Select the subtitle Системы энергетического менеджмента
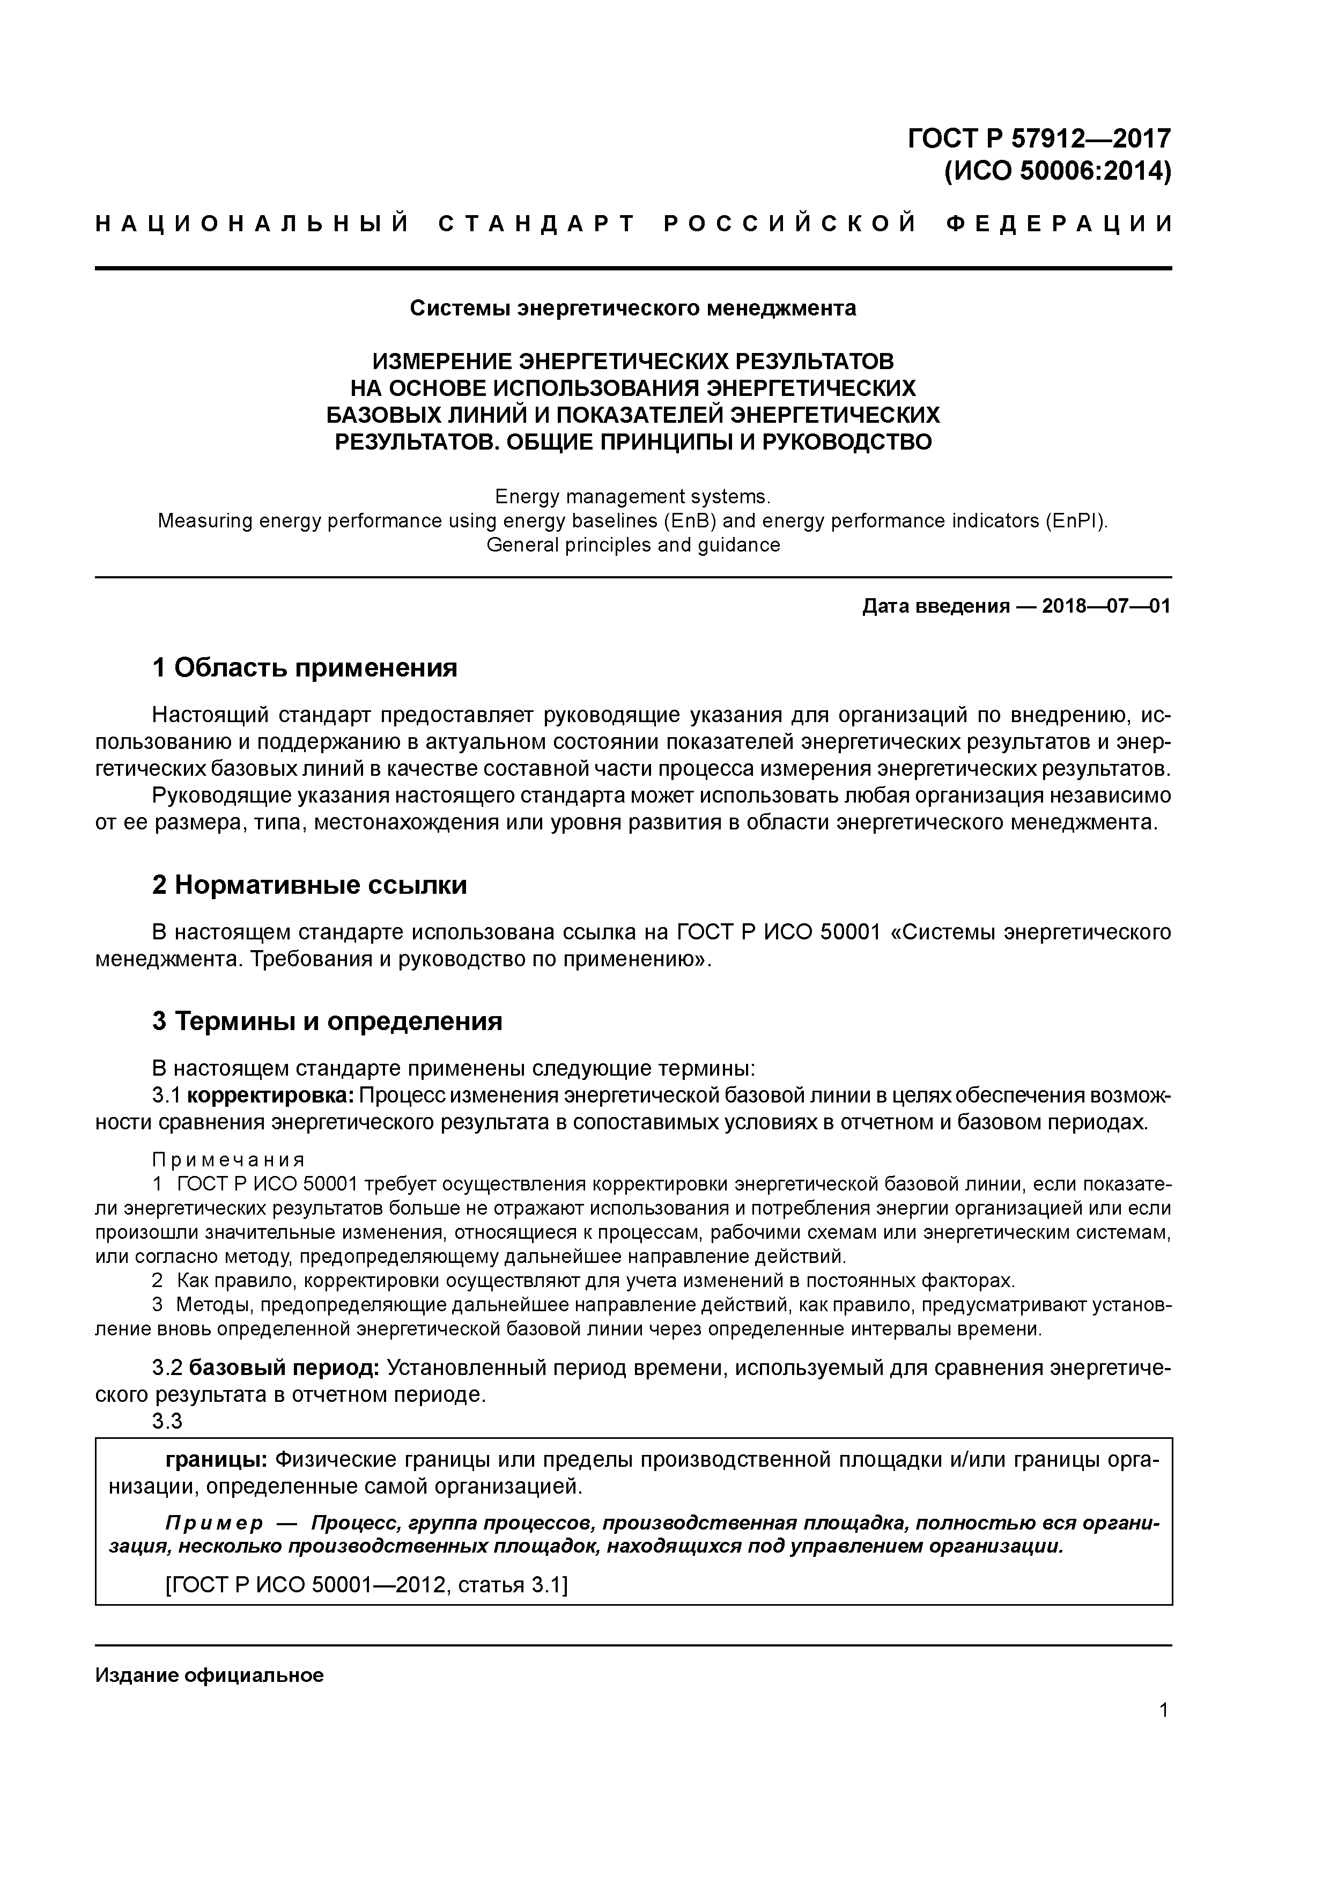[x=633, y=308]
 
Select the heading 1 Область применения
[x=304, y=668]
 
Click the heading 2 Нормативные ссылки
[x=310, y=885]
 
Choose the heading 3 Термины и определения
[x=327, y=1022]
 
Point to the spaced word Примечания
[x=228, y=1160]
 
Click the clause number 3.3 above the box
[x=167, y=1421]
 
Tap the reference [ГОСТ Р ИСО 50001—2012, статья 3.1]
[x=366, y=1584]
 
